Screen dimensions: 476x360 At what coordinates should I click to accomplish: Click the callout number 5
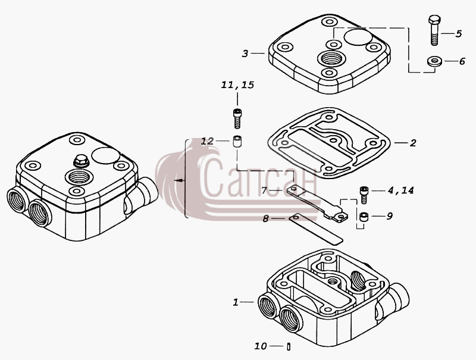(x=458, y=34)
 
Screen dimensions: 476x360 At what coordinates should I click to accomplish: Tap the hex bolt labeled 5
(x=434, y=30)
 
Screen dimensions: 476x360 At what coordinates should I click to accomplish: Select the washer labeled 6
(x=434, y=61)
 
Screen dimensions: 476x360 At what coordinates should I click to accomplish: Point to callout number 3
(x=245, y=54)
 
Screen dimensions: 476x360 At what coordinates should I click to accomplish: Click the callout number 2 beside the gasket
(x=413, y=143)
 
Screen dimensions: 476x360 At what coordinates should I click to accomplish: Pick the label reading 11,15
(x=237, y=84)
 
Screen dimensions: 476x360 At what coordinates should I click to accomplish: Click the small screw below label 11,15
(x=237, y=118)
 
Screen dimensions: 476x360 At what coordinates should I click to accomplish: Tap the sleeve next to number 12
(x=237, y=142)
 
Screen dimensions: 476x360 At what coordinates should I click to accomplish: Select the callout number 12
(x=207, y=141)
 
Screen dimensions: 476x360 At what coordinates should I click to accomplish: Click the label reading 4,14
(x=400, y=190)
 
